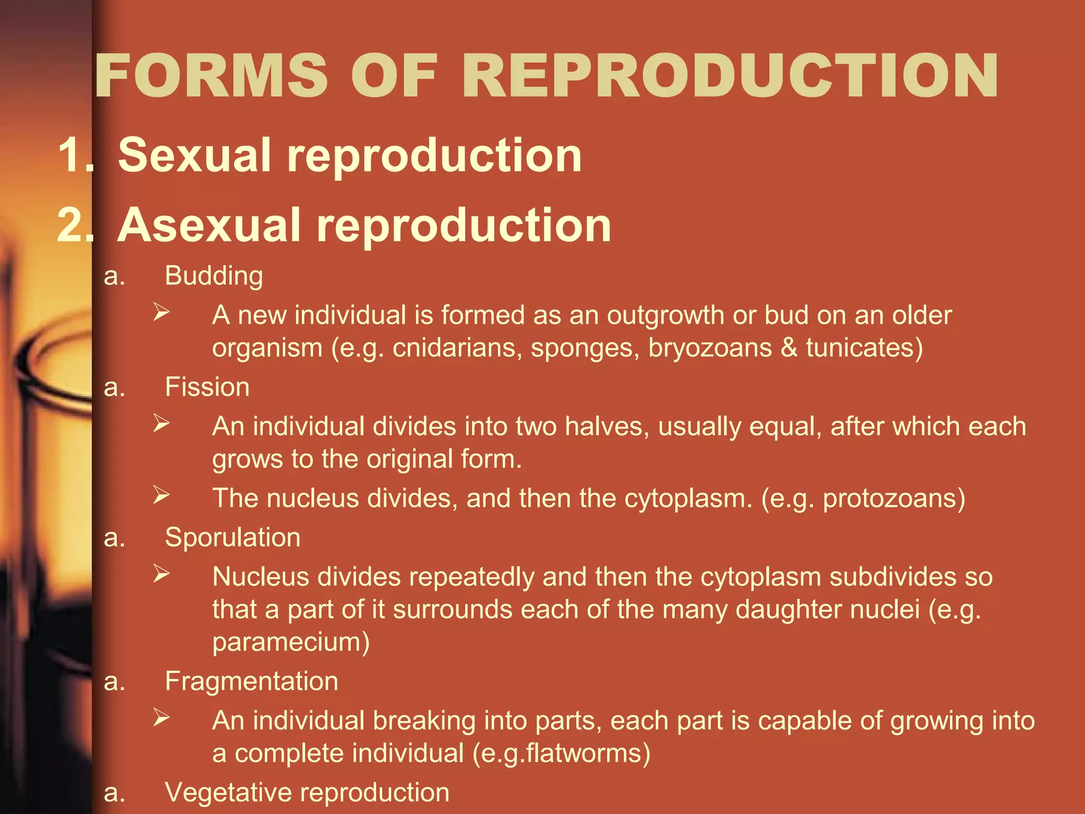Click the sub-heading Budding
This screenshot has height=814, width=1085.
tap(214, 276)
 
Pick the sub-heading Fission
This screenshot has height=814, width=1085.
tap(207, 387)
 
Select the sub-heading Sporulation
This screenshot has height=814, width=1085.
tap(233, 537)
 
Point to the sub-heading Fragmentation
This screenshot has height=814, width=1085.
tap(251, 681)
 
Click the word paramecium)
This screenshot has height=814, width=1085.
tap(291, 642)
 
